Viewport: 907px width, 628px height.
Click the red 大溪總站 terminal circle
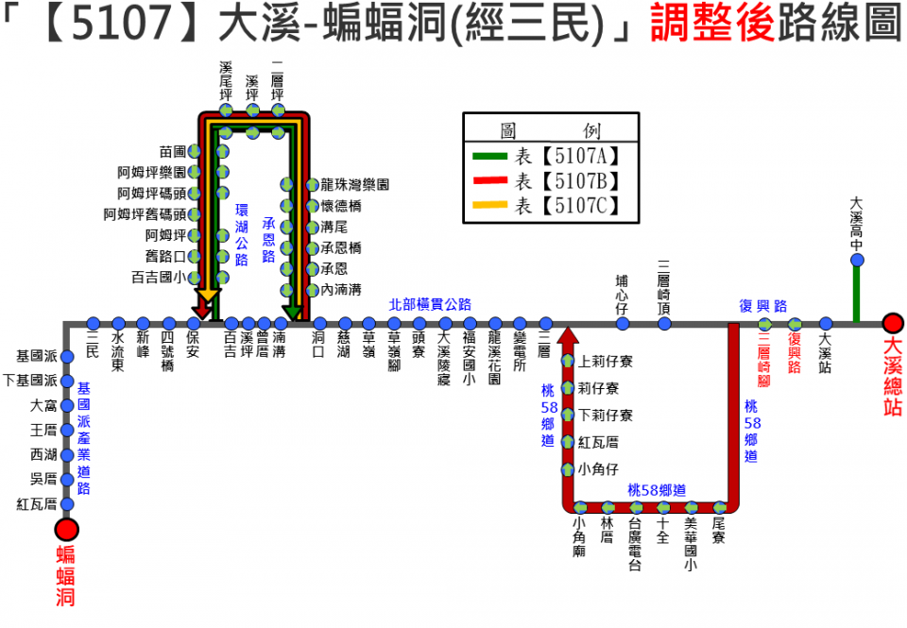coord(892,323)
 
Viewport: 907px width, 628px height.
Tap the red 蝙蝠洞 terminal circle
coord(67,530)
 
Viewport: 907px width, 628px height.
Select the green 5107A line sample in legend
coord(492,156)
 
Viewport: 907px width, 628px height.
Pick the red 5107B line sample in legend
coord(492,180)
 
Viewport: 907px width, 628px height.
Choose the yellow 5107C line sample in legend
coord(492,205)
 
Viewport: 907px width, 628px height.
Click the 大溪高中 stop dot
coord(857,261)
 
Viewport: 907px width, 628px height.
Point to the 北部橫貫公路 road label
coord(430,304)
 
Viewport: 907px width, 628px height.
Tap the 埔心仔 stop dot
coord(623,323)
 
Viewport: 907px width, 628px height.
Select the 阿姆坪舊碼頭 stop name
coord(145,214)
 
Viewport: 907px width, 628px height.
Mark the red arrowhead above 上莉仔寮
coord(568,336)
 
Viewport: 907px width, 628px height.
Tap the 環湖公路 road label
coord(242,233)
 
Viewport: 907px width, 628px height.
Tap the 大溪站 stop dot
coord(826,323)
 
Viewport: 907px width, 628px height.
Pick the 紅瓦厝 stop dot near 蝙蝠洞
coord(67,503)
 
